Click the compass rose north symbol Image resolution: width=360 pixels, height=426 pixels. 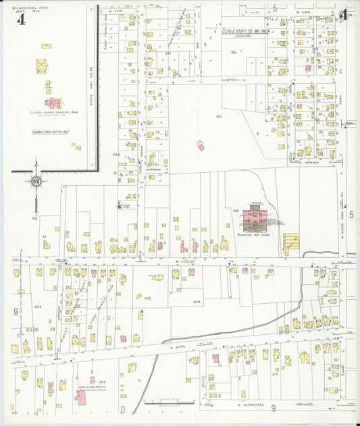[35, 181]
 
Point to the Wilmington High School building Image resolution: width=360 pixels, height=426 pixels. [255, 217]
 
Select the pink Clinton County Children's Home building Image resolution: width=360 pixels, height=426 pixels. [53, 103]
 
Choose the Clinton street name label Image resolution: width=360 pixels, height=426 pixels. [230, 79]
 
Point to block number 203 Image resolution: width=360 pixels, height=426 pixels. [38, 307]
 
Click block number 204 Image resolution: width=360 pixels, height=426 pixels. [197, 301]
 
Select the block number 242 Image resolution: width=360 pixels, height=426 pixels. [115, 155]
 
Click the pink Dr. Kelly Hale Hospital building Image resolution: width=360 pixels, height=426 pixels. [82, 396]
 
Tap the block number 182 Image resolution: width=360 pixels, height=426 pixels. [234, 51]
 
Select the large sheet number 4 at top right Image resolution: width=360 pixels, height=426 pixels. [344, 16]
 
